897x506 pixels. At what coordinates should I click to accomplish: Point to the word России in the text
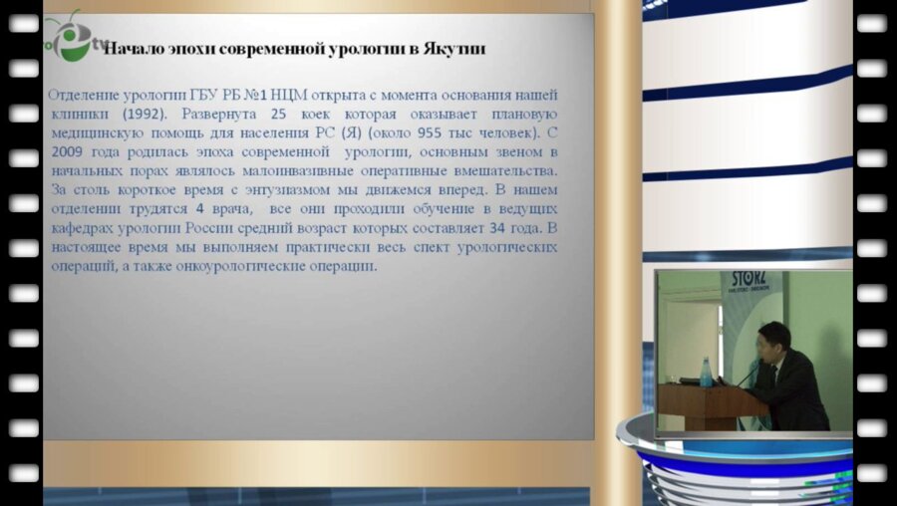(212, 228)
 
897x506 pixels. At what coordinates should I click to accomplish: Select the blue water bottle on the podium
(707, 372)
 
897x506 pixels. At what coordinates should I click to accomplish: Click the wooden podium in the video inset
(700, 408)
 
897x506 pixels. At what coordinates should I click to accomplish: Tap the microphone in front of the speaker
(749, 373)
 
